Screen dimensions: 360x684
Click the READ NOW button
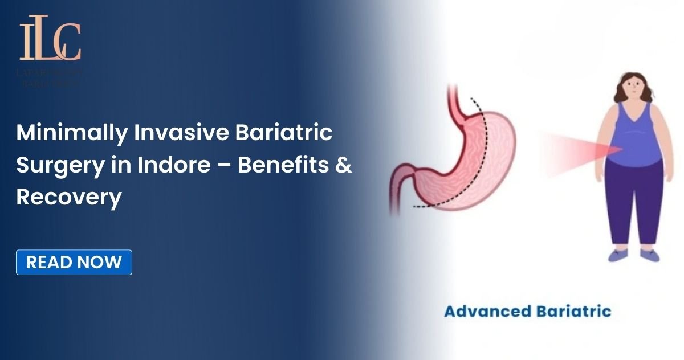74,262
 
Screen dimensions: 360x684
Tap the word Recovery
69,197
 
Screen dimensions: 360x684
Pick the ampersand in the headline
344,165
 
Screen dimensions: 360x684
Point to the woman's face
633,88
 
